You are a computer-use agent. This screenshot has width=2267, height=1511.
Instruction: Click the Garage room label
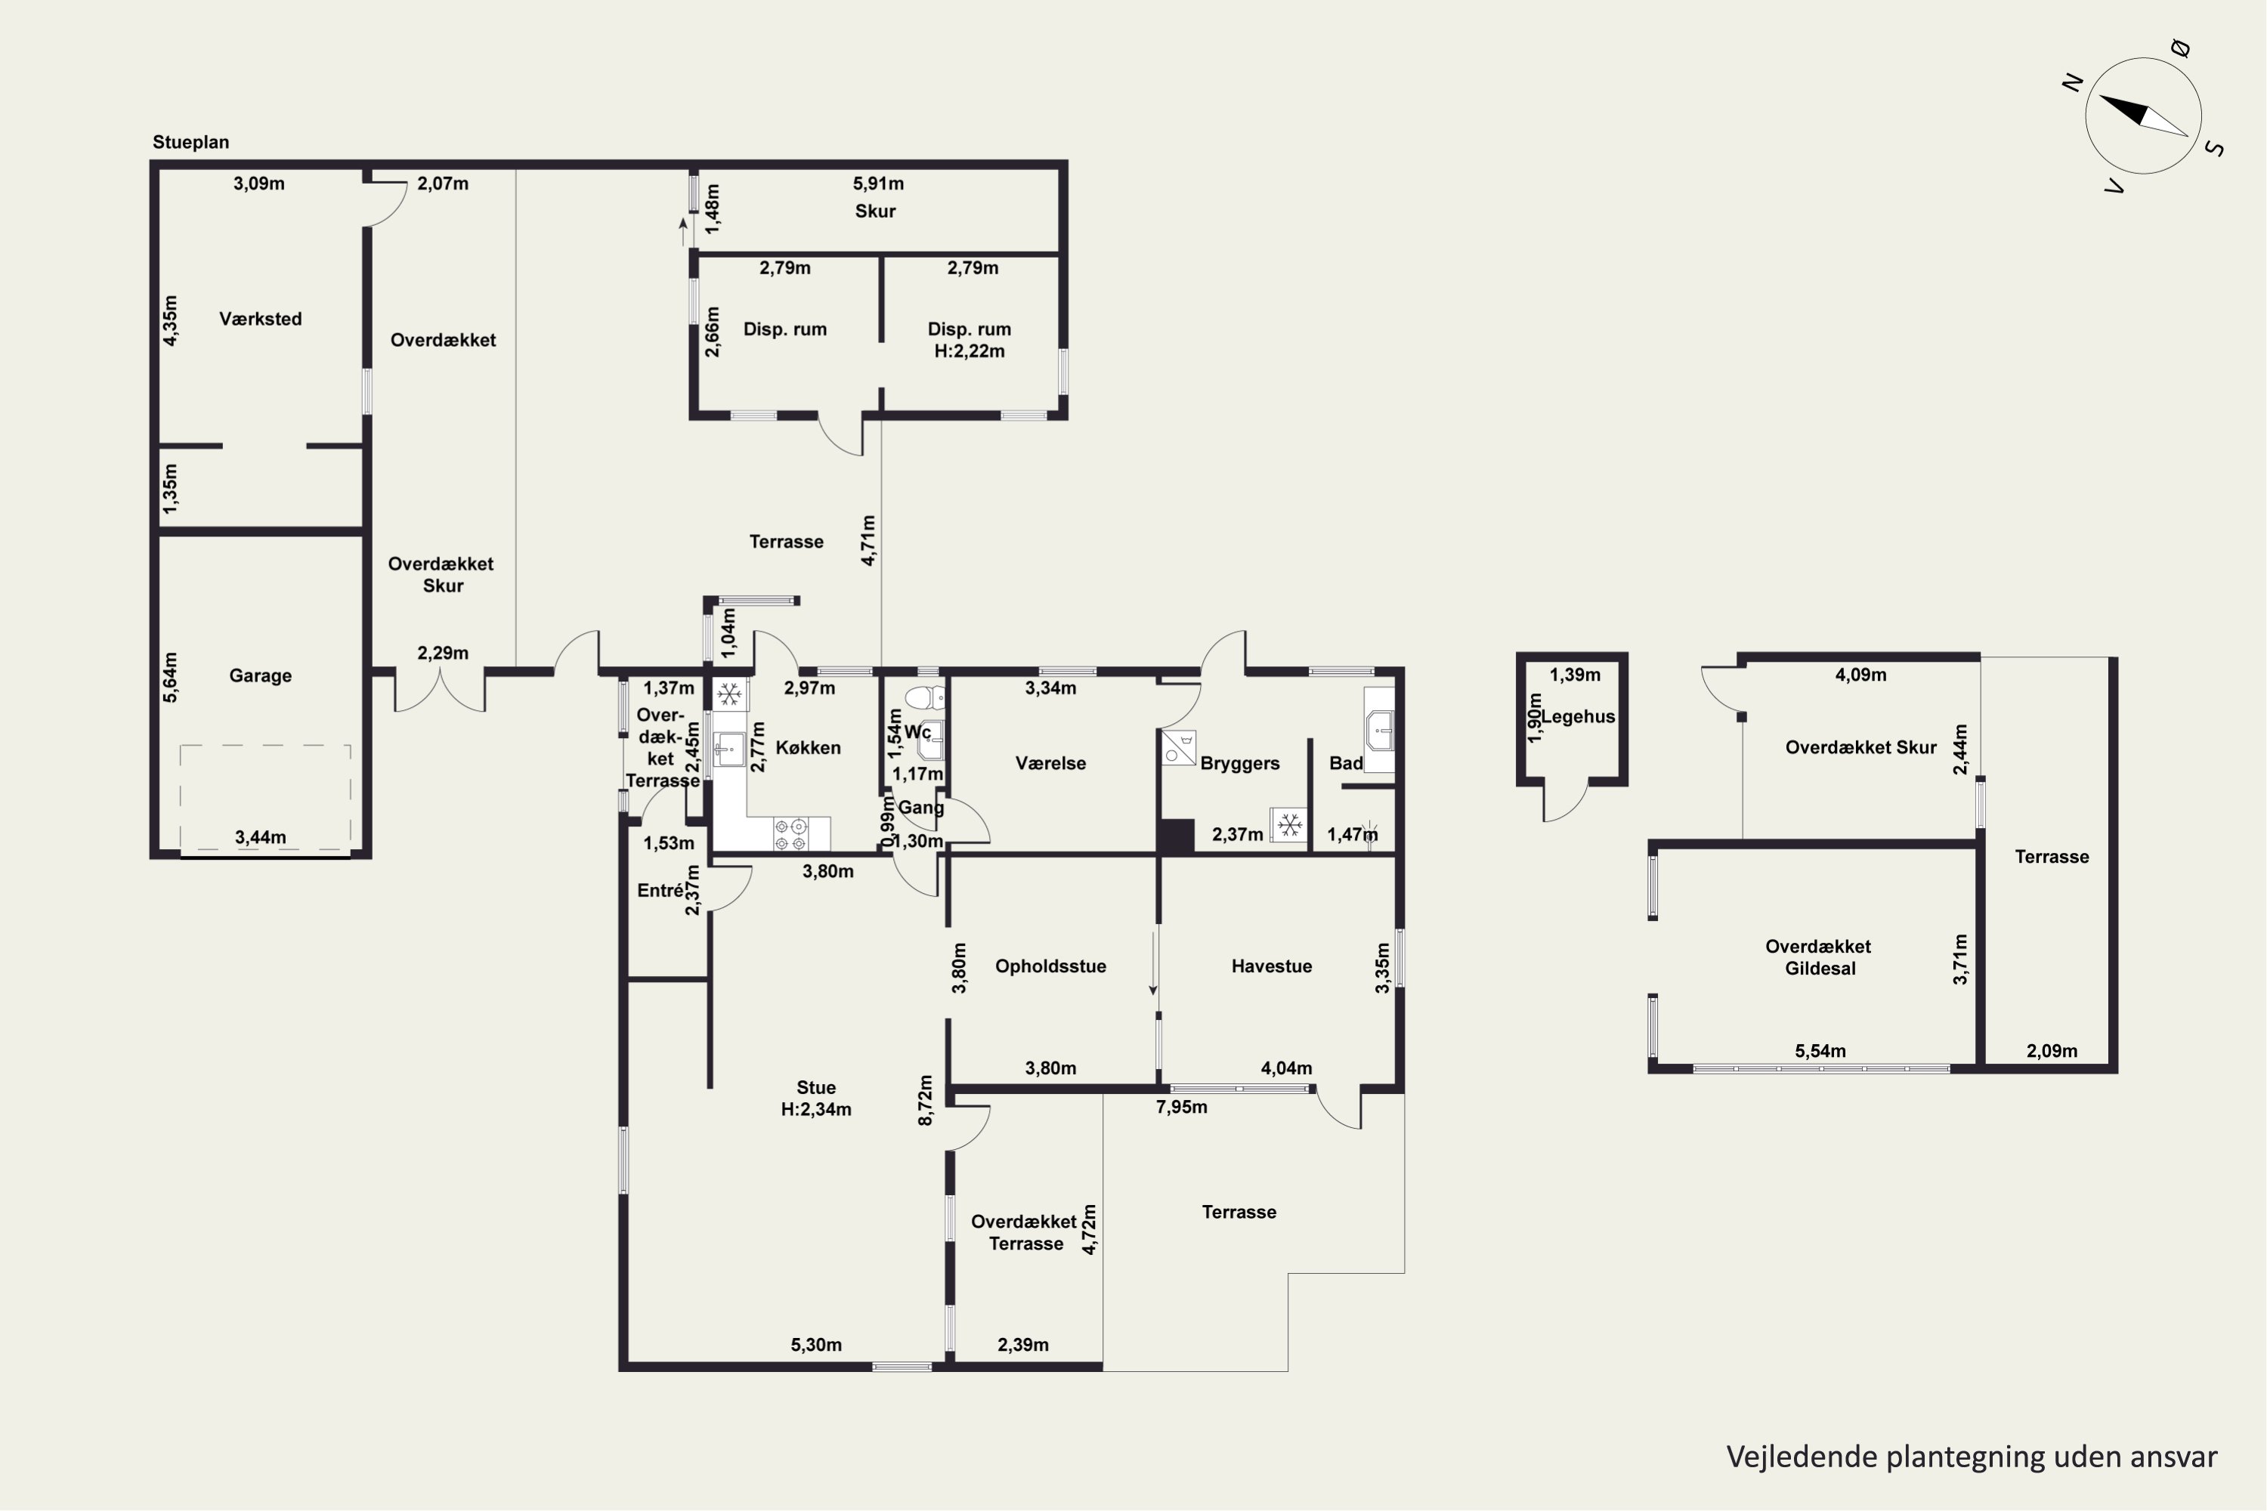[260, 675]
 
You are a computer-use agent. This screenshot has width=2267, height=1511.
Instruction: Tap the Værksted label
[260, 319]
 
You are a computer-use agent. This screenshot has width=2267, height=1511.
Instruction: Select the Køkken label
[808, 748]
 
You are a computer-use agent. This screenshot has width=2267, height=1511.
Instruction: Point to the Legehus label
[1578, 716]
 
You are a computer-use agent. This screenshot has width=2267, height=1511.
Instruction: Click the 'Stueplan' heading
[191, 143]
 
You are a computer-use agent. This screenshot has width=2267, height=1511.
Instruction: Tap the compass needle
[2142, 115]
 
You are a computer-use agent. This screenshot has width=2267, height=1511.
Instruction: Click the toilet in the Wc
[924, 697]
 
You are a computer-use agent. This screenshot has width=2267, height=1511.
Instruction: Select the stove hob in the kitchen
[791, 835]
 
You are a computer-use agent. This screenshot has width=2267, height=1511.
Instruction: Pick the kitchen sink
[728, 749]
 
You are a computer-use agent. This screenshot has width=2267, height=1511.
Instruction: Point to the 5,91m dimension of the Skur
[878, 183]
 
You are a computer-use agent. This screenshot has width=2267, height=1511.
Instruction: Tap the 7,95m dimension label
[1182, 1108]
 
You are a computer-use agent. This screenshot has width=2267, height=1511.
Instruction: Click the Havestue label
[1271, 966]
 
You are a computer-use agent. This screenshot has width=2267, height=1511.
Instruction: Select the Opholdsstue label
[1050, 966]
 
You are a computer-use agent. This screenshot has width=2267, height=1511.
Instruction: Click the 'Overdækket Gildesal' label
[1819, 958]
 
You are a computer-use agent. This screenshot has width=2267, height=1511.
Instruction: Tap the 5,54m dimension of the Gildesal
[1820, 1052]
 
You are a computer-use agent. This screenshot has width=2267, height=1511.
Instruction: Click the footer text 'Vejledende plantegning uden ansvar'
[1971, 1457]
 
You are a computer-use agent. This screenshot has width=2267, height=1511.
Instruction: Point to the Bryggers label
[1239, 764]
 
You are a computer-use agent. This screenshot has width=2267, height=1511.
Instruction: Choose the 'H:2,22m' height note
[970, 352]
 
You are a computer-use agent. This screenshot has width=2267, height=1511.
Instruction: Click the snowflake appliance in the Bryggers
[1288, 825]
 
